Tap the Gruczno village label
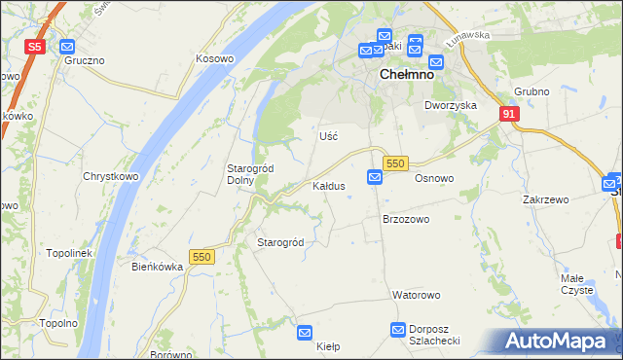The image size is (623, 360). click(85, 60)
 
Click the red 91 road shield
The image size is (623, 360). click(509, 114)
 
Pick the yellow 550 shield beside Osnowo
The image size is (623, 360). click(394, 164)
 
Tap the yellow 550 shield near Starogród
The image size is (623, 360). click(201, 257)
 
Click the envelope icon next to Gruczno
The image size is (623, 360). click(67, 46)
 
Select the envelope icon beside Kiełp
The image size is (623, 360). click(305, 332)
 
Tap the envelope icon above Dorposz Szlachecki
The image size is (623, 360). click(398, 330)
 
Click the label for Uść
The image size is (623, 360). click(328, 136)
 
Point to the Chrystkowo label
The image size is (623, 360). click(110, 177)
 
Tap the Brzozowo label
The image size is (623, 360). click(405, 220)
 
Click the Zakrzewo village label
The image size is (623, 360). click(545, 199)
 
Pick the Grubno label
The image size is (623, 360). click(531, 92)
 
